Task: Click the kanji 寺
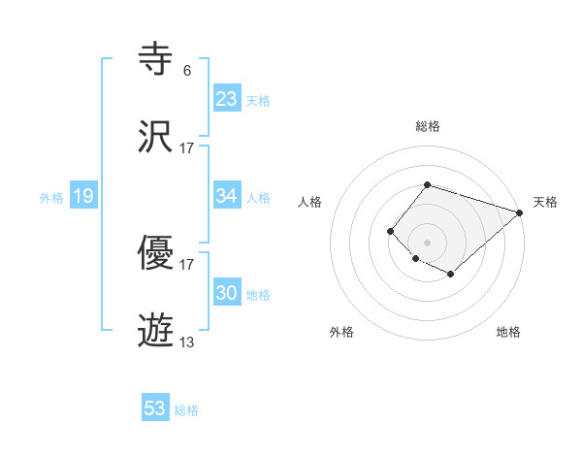157,61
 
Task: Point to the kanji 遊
157,332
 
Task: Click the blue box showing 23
226,98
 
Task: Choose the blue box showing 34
226,196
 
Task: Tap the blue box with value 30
226,293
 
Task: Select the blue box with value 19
82,197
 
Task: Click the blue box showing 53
155,408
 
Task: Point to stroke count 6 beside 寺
186,70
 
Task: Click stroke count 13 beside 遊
186,342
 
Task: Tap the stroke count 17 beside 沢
186,147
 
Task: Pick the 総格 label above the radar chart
427,126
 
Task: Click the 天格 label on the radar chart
545,202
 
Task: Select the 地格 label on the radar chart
508,332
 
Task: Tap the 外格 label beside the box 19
51,198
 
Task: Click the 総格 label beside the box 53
186,410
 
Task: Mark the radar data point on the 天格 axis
520,212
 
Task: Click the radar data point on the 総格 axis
427,184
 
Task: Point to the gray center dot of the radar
427,242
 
